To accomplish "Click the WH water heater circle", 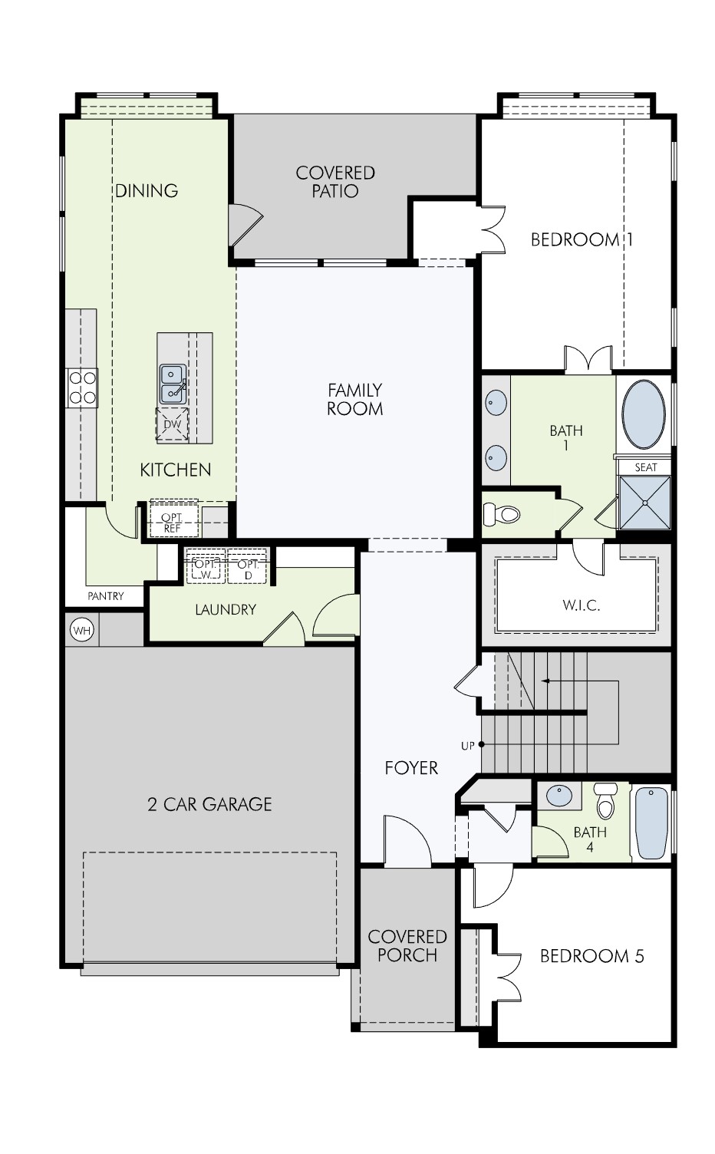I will coord(81,631).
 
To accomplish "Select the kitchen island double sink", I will coord(172,383).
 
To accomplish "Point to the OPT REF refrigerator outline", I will coord(173,523).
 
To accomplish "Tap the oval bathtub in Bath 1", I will coord(643,414).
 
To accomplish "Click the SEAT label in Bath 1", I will coord(645,467).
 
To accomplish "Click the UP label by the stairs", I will coord(467,746).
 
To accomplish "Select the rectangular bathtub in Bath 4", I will coord(651,823).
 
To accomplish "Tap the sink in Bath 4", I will coord(558,796).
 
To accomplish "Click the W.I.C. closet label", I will coord(581,605).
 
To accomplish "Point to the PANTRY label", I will coord(106,596).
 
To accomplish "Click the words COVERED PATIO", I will coord(335,182).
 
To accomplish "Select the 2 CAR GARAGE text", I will coord(209,804).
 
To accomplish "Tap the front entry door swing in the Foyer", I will coord(407,843).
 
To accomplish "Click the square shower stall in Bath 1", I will coord(644,503).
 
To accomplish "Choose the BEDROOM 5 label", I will coord(591,956).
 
